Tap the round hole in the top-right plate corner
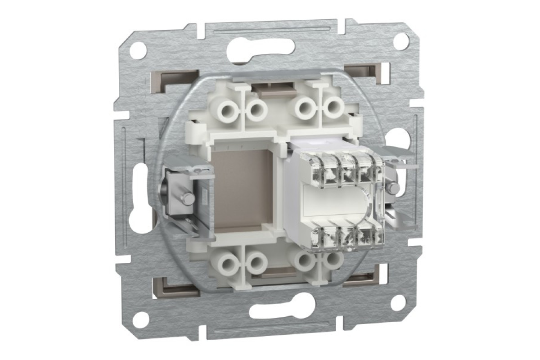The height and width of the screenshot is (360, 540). [x=400, y=41]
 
